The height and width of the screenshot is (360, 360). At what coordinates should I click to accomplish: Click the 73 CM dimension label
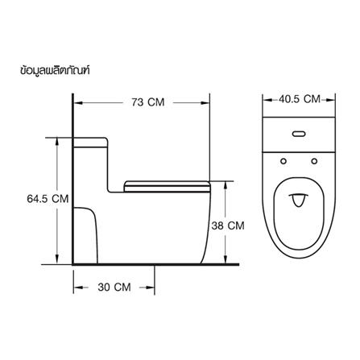click(x=148, y=102)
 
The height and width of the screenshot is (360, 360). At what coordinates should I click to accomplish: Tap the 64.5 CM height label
click(x=48, y=199)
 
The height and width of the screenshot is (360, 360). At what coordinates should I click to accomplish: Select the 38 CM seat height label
click(x=228, y=226)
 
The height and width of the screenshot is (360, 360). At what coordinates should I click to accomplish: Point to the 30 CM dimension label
click(x=114, y=288)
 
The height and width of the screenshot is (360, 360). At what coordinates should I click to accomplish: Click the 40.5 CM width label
click(x=300, y=99)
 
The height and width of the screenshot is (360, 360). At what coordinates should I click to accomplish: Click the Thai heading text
click(x=55, y=71)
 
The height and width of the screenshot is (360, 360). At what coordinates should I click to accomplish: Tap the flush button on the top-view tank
click(x=299, y=134)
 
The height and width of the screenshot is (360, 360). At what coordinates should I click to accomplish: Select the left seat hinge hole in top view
click(x=283, y=161)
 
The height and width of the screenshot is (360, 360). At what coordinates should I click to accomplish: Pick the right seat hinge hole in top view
click(x=314, y=161)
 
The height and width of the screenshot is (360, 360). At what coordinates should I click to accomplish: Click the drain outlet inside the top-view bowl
click(x=298, y=201)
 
